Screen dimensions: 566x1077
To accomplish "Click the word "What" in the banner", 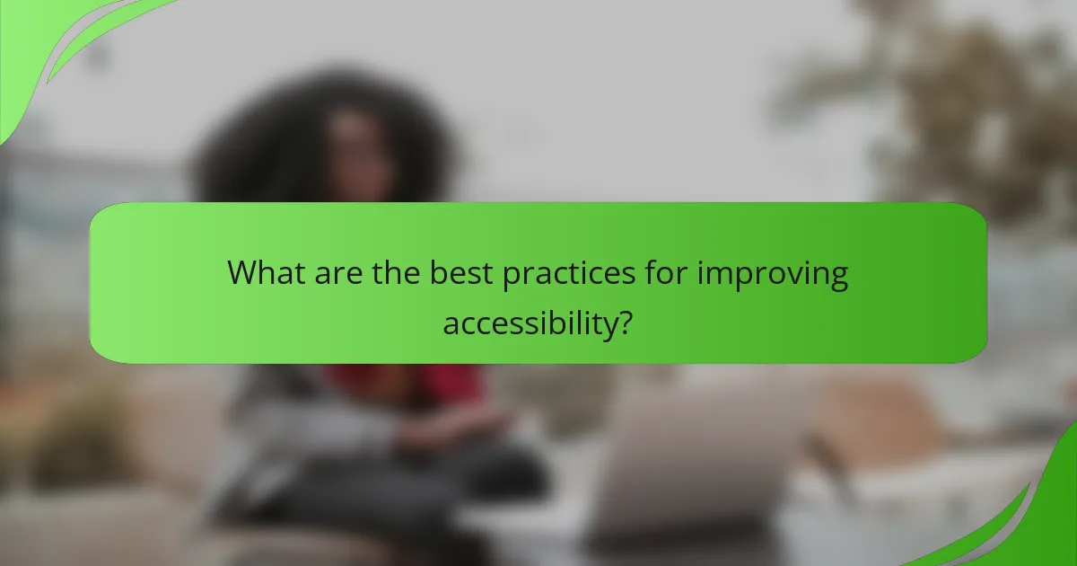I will click(x=265, y=273).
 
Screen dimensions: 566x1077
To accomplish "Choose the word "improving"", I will click(x=774, y=275).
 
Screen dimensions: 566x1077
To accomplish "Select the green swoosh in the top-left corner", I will click(x=54, y=45).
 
